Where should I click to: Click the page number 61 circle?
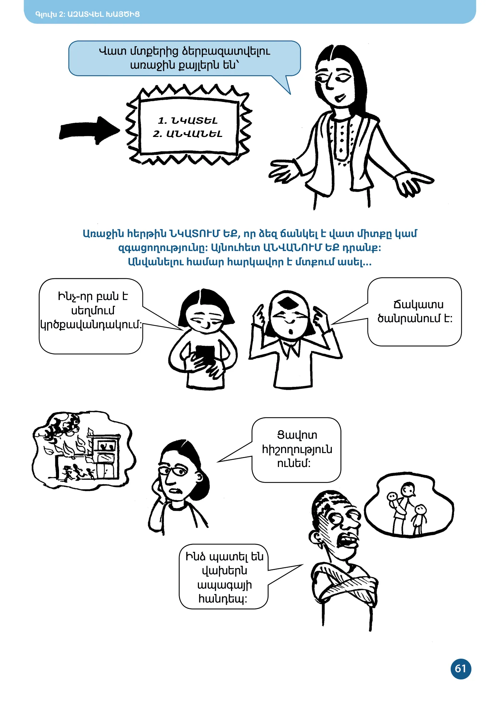[x=461, y=669]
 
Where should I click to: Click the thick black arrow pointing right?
[x=89, y=131]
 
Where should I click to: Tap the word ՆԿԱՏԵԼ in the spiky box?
[x=194, y=121]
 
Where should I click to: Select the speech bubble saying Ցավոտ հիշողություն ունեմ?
[x=296, y=450]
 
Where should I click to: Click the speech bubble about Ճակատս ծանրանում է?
[x=414, y=312]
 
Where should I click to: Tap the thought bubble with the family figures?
[x=409, y=506]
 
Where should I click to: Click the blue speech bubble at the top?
[x=184, y=58]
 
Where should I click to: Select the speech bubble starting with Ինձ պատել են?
[x=224, y=577]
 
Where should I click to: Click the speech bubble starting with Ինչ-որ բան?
[x=91, y=316]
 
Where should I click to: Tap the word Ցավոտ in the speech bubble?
[x=297, y=435]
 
